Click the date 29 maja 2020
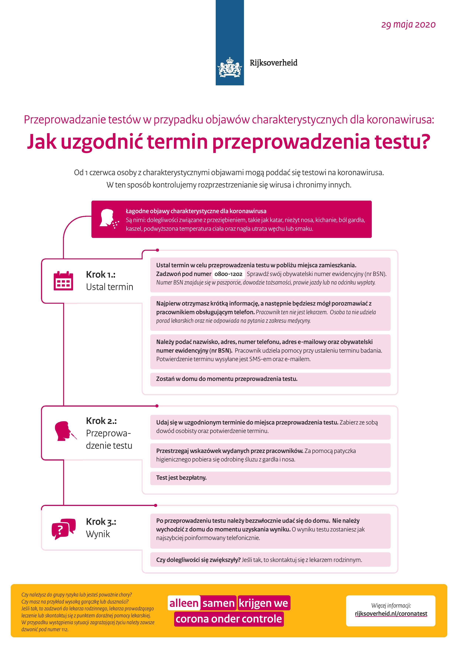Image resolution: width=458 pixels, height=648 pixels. [408, 25]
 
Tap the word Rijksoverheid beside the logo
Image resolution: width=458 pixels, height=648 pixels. [273, 63]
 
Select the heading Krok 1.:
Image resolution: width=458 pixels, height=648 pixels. [100, 274]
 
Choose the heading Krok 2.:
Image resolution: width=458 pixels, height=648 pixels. [101, 421]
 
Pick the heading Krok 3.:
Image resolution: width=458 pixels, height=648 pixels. [101, 522]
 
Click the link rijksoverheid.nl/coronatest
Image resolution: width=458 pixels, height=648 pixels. [391, 614]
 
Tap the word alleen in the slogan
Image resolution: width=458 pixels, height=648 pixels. [184, 603]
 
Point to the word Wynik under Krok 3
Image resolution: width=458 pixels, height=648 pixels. [98, 534]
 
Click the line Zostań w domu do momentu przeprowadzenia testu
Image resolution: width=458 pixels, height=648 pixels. [227, 379]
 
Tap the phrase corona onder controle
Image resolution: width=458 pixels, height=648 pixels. [229, 619]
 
